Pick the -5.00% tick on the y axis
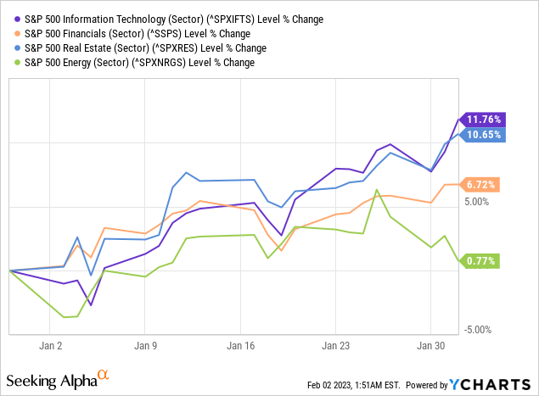(x=480, y=330)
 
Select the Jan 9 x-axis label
(x=144, y=346)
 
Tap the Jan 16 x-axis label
(x=240, y=346)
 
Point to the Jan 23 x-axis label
(x=335, y=346)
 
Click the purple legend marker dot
(x=16, y=18)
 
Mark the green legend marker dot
(x=16, y=63)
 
